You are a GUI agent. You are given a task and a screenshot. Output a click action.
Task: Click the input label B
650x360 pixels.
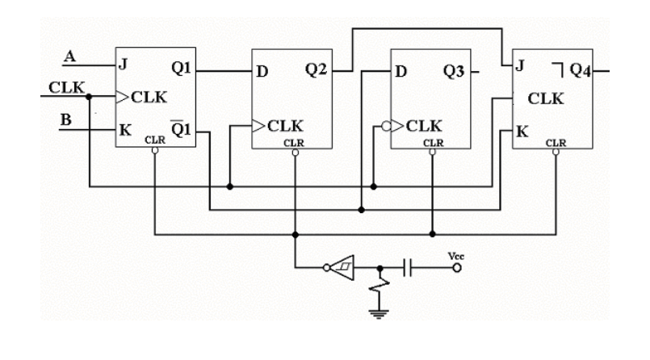(x=69, y=120)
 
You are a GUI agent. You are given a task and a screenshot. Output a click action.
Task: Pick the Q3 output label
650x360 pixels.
(x=455, y=70)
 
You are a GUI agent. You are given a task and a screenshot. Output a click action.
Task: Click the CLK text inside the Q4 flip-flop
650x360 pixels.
(x=547, y=98)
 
